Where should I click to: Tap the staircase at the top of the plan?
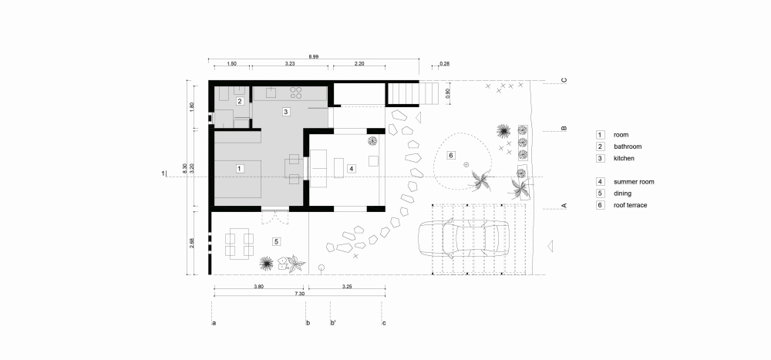pyautogui.click(x=402, y=93)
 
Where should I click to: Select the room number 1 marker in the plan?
pyautogui.click(x=240, y=168)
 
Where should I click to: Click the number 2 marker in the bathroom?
pyautogui.click(x=240, y=101)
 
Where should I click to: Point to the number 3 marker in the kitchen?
pyautogui.click(x=285, y=112)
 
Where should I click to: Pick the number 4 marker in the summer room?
pyautogui.click(x=351, y=168)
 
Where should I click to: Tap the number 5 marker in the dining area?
pyautogui.click(x=276, y=241)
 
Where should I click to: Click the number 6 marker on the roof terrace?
pyautogui.click(x=452, y=155)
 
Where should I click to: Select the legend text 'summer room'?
pyautogui.click(x=634, y=181)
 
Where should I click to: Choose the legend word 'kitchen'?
pyautogui.click(x=624, y=157)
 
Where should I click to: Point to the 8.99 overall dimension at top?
pyautogui.click(x=315, y=57)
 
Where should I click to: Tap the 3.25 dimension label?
pyautogui.click(x=347, y=287)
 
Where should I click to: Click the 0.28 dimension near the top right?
pyautogui.click(x=444, y=63)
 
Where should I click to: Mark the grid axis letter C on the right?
pyautogui.click(x=564, y=80)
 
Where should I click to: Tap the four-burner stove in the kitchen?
pyautogui.click(x=295, y=93)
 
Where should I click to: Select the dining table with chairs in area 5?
pyautogui.click(x=239, y=244)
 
